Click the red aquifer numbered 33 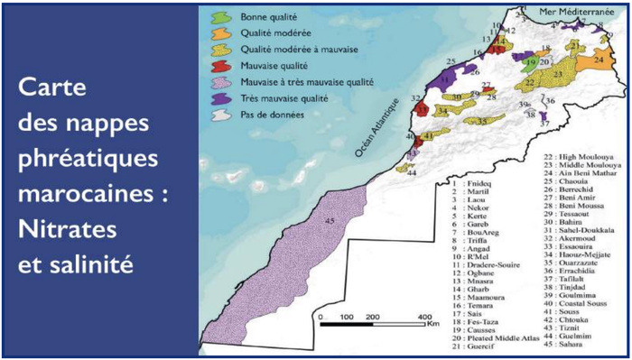(423, 110)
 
